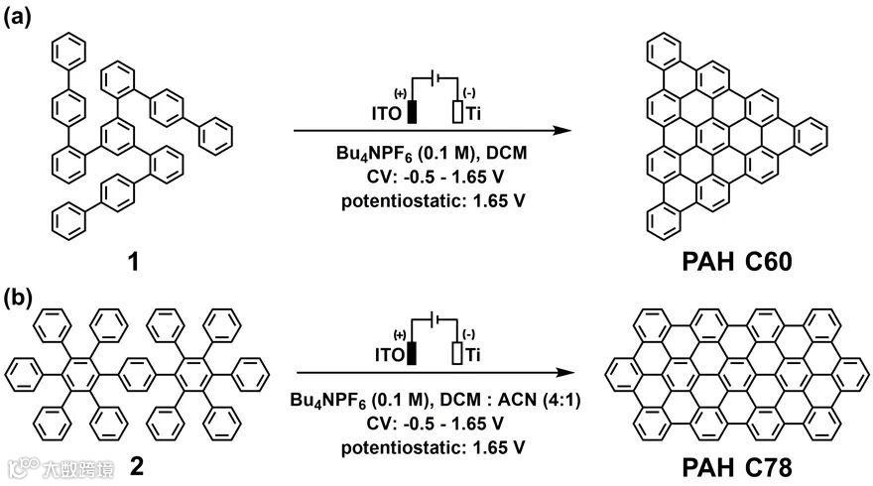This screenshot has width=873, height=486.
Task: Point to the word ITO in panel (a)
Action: (x=385, y=113)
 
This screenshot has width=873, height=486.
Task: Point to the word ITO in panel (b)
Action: (x=385, y=356)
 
